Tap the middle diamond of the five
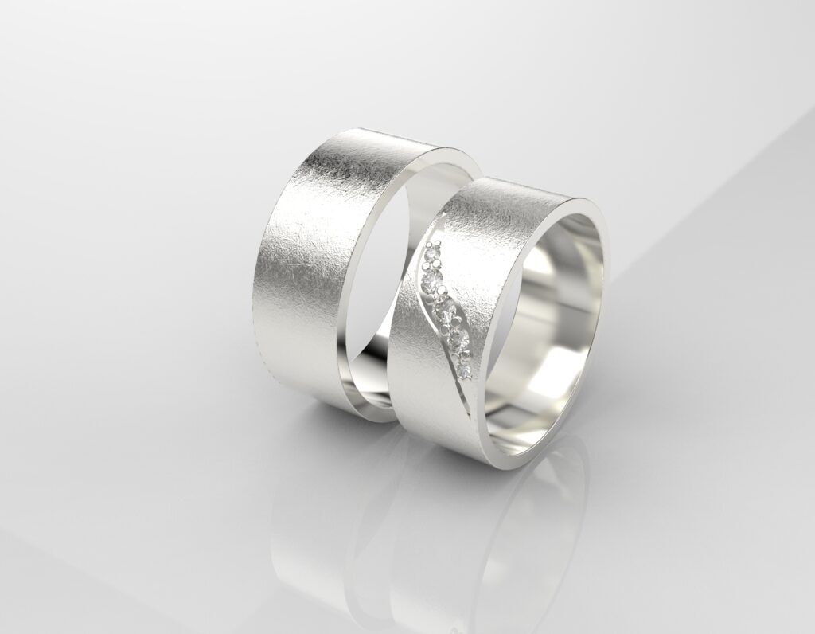pos(447,311)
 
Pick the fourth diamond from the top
pos(458,340)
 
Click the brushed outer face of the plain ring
pos(318,263)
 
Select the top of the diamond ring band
pos(517,187)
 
